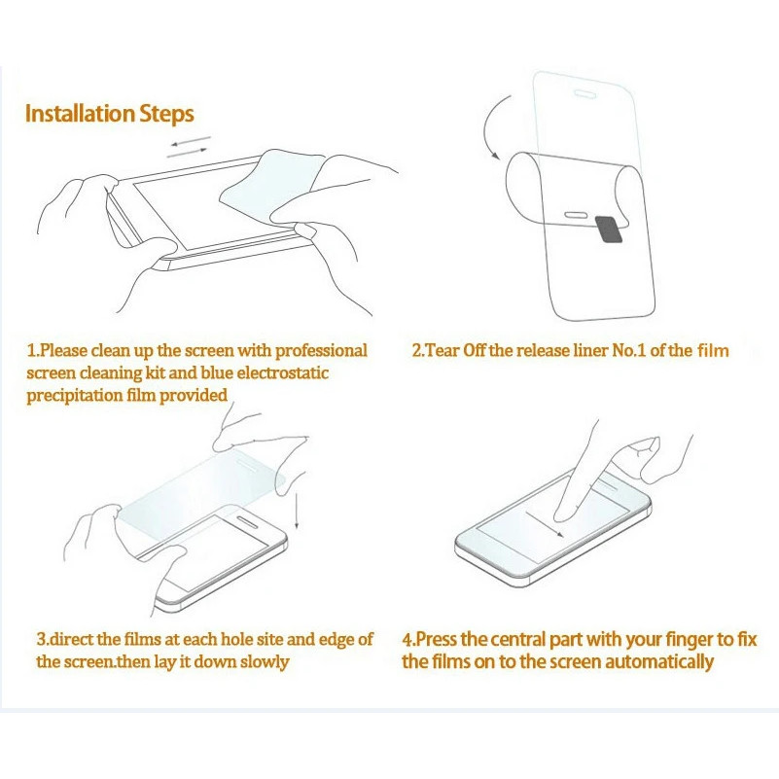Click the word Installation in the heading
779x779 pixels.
click(81, 113)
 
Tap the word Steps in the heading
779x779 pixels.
click(167, 115)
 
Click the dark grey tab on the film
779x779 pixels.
click(609, 229)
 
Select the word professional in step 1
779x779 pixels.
click(321, 351)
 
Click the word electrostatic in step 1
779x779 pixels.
click(283, 372)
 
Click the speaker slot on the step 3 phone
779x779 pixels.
click(247, 521)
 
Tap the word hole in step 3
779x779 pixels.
click(236, 639)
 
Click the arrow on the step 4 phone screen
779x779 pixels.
click(545, 524)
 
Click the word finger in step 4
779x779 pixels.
click(690, 640)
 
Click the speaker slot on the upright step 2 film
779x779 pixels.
click(584, 93)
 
